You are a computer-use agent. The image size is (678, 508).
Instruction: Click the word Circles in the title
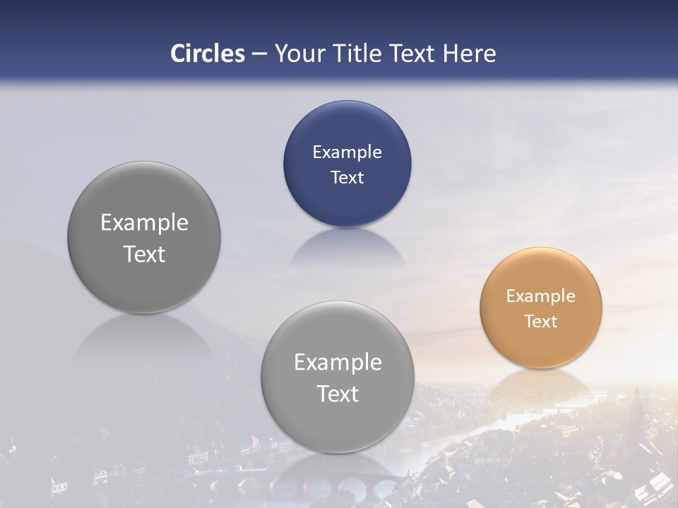(208, 54)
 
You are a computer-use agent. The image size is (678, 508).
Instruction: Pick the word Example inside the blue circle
(347, 152)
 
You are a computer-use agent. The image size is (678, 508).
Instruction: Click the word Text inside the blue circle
(347, 178)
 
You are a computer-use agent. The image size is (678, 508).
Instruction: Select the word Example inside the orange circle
(540, 296)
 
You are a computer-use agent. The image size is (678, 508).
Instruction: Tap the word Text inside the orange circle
(541, 322)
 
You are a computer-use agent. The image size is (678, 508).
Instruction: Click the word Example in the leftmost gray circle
(144, 223)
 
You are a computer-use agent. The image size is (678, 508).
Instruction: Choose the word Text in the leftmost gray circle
(144, 254)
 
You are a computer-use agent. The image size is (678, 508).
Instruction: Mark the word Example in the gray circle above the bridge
(338, 363)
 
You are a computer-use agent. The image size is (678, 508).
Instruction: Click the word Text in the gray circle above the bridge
(338, 394)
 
